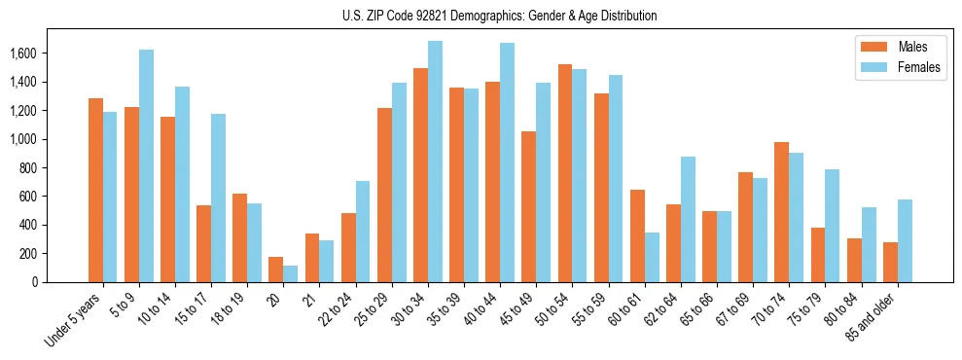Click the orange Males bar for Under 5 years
tap(95, 191)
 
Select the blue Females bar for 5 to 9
tap(146, 166)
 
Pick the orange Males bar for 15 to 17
tap(203, 243)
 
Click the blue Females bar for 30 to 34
tap(435, 162)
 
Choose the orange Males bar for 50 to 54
tap(564, 173)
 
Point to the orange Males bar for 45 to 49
tap(528, 206)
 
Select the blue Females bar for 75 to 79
tap(832, 226)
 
